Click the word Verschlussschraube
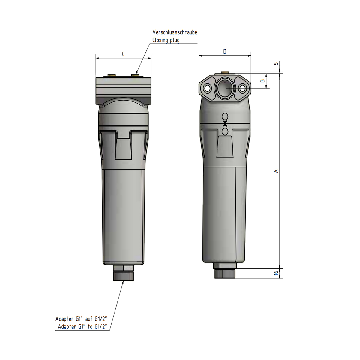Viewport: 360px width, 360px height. [175, 32]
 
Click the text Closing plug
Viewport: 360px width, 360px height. [166, 40]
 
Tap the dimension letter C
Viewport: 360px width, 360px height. [123, 54]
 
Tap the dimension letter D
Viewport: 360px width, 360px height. [225, 52]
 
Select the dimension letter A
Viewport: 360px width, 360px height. [276, 171]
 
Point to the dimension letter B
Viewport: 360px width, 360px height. [262, 81]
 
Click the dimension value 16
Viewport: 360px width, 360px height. [276, 273]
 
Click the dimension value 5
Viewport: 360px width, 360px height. [276, 64]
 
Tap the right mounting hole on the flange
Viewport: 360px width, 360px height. [242, 88]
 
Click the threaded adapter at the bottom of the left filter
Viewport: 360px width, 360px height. [123, 275]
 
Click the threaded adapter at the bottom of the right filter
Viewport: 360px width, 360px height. [225, 274]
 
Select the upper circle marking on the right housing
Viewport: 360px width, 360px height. [225, 117]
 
